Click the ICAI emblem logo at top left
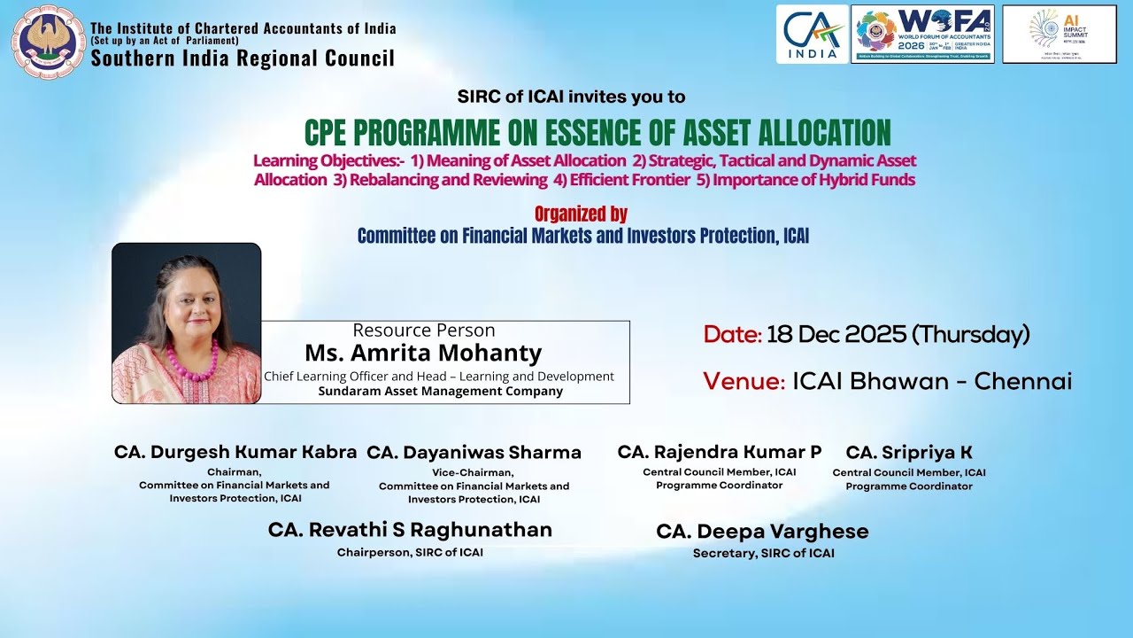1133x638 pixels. click(x=48, y=42)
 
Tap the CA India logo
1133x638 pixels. click(x=812, y=34)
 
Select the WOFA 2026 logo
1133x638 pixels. click(x=922, y=34)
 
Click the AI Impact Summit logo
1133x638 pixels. click(x=1059, y=34)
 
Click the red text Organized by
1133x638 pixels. click(x=581, y=214)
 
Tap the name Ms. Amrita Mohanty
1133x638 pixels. click(x=423, y=353)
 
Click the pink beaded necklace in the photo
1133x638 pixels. click(x=193, y=362)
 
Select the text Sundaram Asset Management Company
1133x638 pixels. click(x=440, y=391)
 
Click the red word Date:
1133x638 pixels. click(x=732, y=335)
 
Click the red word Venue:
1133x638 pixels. click(x=744, y=382)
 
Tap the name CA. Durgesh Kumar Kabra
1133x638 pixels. click(x=235, y=453)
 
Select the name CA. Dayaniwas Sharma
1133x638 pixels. click(x=474, y=453)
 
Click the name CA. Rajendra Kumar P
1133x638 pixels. click(x=719, y=453)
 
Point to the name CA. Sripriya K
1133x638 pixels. click(x=908, y=453)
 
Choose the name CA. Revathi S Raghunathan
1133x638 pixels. click(x=410, y=530)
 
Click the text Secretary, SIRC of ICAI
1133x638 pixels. click(x=763, y=553)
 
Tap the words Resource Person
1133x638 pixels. click(x=423, y=331)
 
